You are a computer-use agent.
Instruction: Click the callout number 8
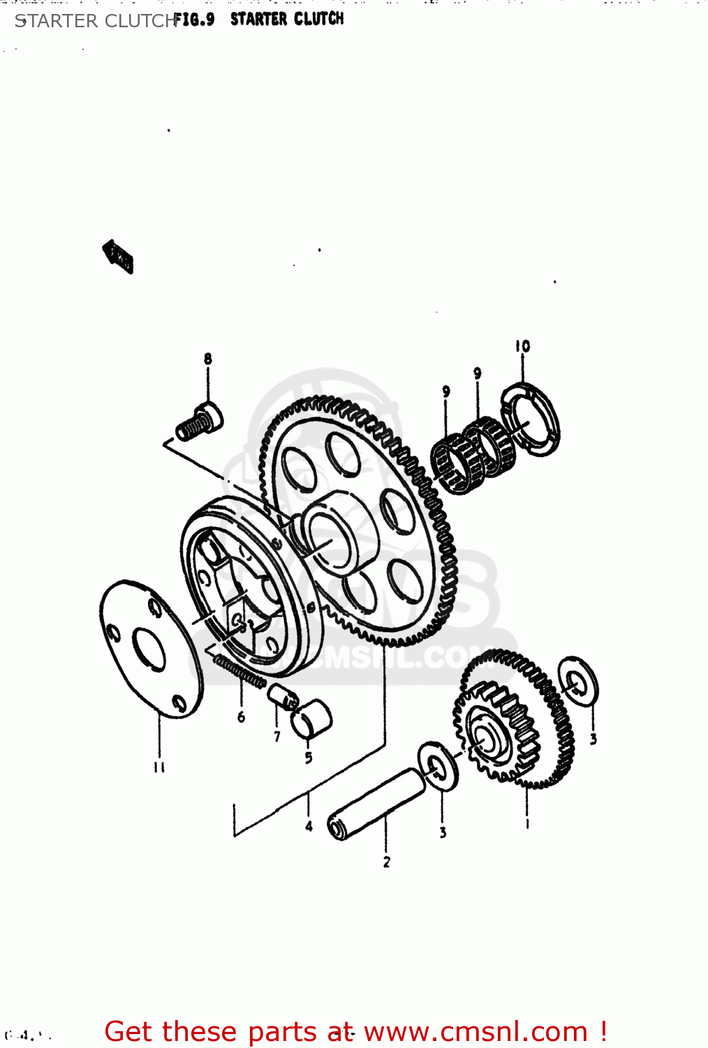207,359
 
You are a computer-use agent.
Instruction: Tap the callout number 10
522,347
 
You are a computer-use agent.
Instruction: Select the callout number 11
159,767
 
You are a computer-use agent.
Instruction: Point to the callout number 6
241,717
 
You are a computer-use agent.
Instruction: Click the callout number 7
277,736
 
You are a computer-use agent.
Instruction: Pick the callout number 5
309,758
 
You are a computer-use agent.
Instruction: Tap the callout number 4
309,827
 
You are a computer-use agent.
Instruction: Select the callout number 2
386,862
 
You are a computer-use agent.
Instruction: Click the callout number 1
527,824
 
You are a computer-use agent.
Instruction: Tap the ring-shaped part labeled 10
531,420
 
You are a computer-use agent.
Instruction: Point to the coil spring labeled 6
239,670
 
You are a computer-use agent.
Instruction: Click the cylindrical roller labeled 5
311,719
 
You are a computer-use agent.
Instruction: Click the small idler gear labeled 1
513,720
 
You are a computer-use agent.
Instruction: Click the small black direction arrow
119,256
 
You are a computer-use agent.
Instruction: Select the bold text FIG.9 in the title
194,20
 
